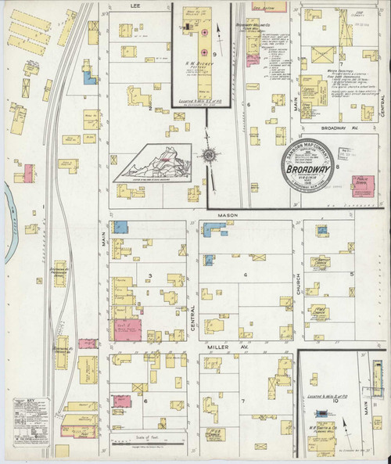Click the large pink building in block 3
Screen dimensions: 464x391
128,329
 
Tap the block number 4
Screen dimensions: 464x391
245,275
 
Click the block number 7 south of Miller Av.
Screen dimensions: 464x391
243,401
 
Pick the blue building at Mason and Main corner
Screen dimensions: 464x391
120,227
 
